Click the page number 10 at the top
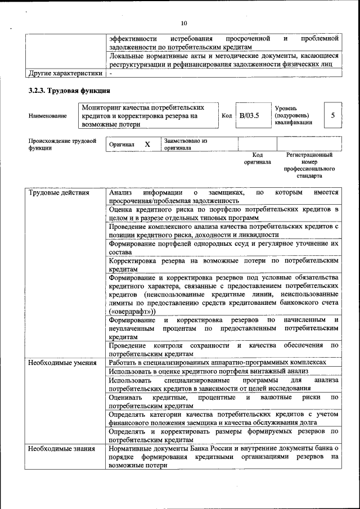pos(183,23)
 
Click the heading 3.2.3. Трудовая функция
pos(69,91)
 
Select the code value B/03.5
pos(250,115)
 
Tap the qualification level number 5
pos(333,115)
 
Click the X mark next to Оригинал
pos(147,145)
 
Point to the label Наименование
pos(47,115)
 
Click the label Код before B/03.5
pos(227,116)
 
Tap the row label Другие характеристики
pos(66,73)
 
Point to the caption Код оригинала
pos(257,158)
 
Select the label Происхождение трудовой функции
pos(62,145)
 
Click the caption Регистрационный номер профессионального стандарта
pos(309,165)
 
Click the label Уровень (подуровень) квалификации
pos(292,115)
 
